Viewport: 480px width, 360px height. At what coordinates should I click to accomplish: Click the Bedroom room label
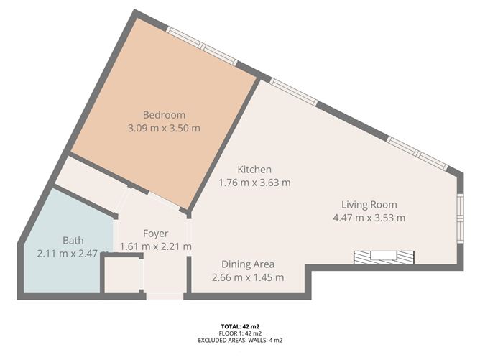(x=164, y=115)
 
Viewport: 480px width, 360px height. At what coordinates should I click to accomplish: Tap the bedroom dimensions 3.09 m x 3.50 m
(x=164, y=129)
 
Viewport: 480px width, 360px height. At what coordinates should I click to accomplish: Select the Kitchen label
(x=254, y=170)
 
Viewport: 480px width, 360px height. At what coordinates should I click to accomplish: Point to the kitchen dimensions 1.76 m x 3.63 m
(x=254, y=183)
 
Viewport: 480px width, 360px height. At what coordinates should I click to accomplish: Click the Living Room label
(x=369, y=204)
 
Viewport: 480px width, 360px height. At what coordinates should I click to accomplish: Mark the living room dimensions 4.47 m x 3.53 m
(x=369, y=218)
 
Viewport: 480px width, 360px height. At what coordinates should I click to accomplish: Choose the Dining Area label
(x=247, y=264)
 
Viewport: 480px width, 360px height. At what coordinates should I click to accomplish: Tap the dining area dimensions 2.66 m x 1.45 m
(x=247, y=277)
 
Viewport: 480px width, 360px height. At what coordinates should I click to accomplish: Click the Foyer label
(x=155, y=233)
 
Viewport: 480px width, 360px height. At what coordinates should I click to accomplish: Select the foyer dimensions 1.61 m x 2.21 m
(x=155, y=246)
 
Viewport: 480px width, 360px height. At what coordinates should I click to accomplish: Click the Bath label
(x=73, y=240)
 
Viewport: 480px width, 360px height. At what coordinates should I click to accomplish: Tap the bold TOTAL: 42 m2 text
(x=240, y=326)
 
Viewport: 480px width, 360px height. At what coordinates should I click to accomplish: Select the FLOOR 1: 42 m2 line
(x=240, y=333)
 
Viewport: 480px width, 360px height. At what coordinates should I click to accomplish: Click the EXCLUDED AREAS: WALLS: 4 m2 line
(x=240, y=340)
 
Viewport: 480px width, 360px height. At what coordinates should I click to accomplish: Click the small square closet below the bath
(x=121, y=274)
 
